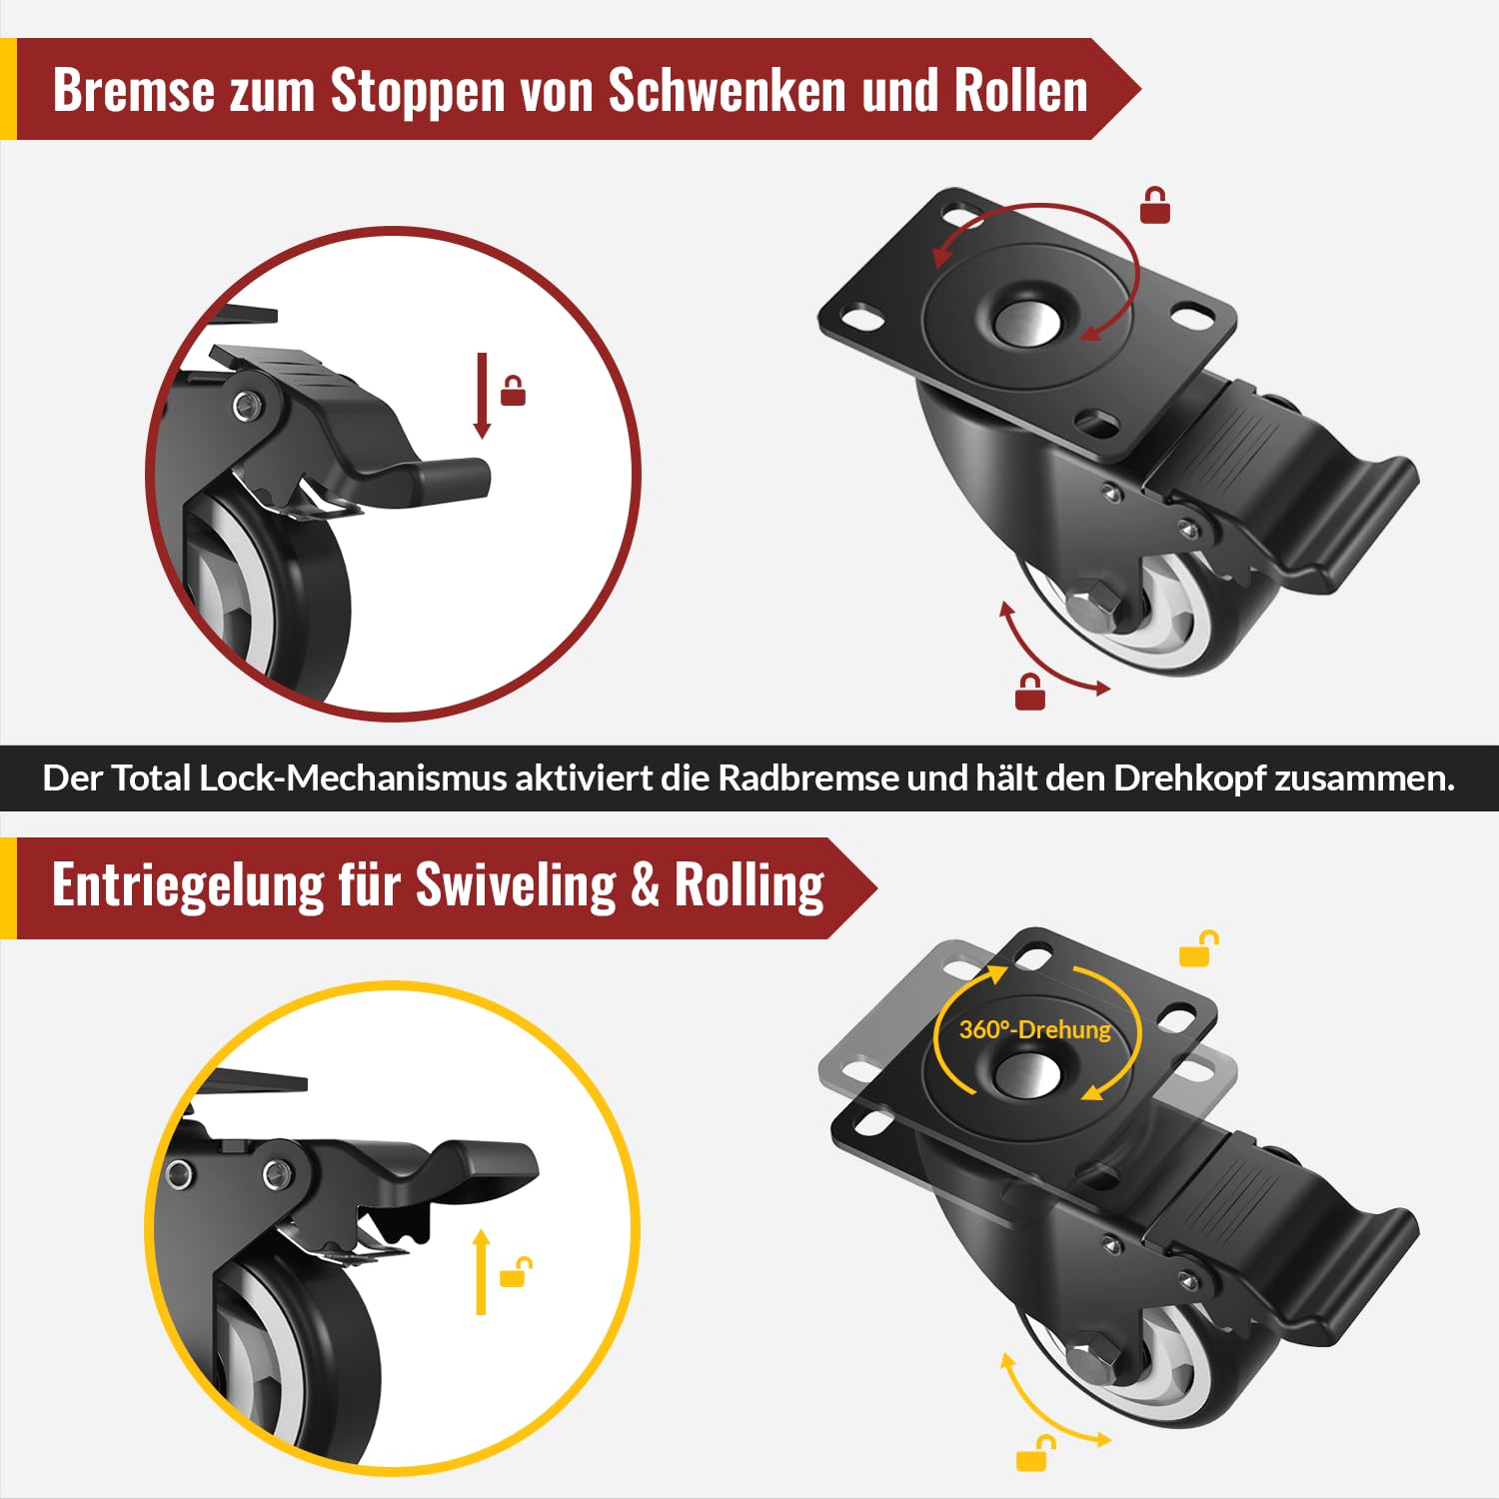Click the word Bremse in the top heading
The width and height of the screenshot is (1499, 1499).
pos(133,90)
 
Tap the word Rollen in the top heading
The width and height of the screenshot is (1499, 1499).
pos(1020,90)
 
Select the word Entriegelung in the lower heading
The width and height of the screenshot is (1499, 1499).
pos(188,886)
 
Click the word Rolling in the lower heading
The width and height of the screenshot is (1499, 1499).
pos(749,886)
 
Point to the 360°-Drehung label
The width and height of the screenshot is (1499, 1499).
pos(1034,1029)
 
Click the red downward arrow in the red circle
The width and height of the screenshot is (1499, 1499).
pos(482,396)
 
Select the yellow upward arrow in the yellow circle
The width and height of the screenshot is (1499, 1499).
pos(482,1271)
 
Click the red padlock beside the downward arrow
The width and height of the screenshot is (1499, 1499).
pos(513,391)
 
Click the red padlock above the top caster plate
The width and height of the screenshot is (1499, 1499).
pos(1155,205)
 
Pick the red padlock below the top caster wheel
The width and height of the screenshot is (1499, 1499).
pos(1030,693)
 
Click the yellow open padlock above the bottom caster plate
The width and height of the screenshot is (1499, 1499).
pos(1198,949)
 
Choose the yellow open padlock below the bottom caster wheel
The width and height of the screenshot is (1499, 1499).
pos(1035,1454)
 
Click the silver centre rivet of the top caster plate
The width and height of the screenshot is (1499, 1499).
pos(1027,322)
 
